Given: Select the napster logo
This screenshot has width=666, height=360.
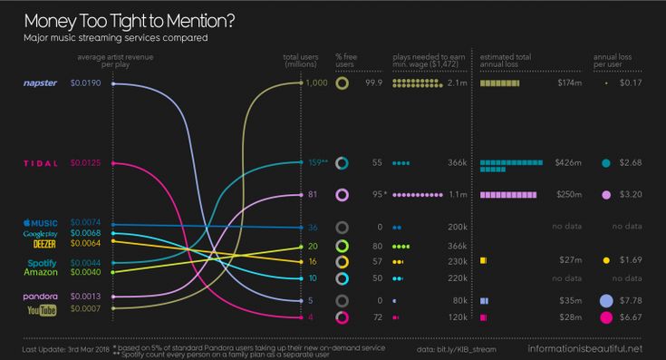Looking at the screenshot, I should [x=40, y=83].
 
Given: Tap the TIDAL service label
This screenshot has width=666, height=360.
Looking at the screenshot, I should [x=40, y=163].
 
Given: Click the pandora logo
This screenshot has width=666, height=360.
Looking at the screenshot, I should [x=40, y=297].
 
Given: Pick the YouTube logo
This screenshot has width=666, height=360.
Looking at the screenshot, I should [x=42, y=309].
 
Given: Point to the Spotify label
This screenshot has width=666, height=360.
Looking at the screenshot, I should [x=42, y=263].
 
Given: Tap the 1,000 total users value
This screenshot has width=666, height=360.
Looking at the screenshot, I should [x=316, y=83].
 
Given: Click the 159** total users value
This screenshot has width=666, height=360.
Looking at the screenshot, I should [x=317, y=163].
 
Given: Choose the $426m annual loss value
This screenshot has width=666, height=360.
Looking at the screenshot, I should [x=569, y=163].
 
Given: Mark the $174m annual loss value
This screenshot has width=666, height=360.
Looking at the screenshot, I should [x=569, y=83].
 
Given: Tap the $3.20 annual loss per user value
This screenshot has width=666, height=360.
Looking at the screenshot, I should [x=631, y=195].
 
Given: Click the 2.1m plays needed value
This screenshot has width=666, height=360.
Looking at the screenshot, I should [x=457, y=83].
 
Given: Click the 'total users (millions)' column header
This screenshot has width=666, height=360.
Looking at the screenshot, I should [x=299, y=60].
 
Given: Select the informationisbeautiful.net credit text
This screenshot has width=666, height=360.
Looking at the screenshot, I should [x=584, y=348].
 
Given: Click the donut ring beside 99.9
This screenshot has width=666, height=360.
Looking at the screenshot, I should [x=343, y=83].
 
